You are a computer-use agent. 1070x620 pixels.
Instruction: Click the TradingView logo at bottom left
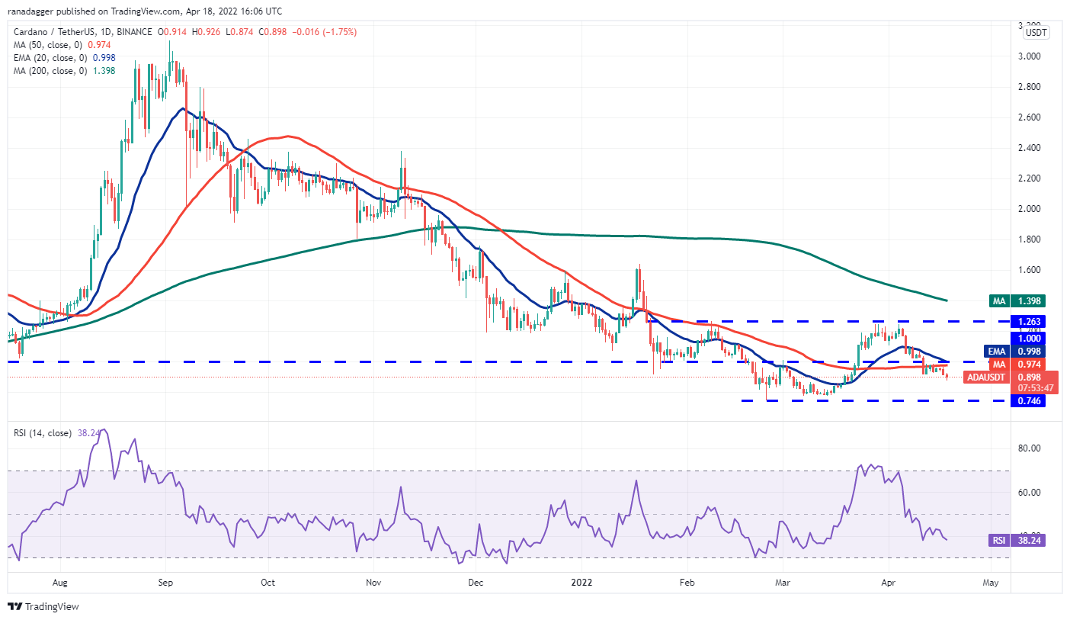(x=43, y=607)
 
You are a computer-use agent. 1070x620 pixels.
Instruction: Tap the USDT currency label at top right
(x=1036, y=33)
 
